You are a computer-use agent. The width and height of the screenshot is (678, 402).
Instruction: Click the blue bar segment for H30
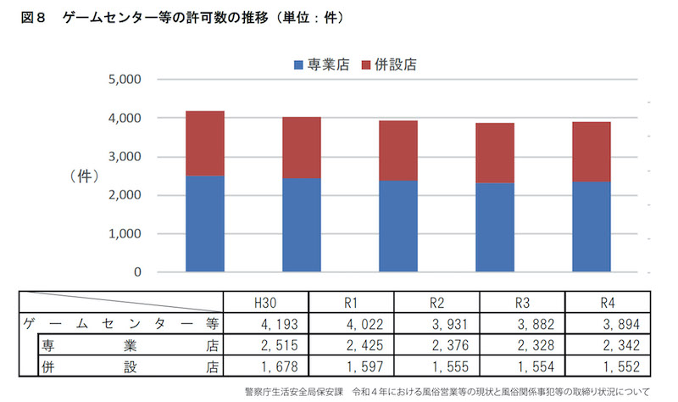(x=205, y=224)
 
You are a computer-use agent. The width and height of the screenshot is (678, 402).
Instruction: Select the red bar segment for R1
(x=302, y=148)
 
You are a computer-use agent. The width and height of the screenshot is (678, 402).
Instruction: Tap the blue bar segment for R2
(x=397, y=226)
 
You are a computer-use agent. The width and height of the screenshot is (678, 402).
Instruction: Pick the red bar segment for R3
(x=494, y=153)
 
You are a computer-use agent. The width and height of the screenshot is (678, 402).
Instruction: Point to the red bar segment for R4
(x=591, y=152)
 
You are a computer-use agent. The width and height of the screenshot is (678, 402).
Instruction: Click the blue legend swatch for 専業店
(x=297, y=65)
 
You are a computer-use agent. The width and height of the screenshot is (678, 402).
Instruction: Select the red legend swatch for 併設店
(x=366, y=65)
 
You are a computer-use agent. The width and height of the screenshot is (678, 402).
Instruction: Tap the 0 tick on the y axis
(x=136, y=273)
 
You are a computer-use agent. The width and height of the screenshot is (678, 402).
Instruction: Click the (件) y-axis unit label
(x=85, y=176)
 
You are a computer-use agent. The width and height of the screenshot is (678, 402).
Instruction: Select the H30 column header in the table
(x=264, y=303)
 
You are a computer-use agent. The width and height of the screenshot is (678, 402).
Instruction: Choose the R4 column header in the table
(x=608, y=303)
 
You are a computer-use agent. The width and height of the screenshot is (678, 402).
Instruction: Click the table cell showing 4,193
(x=264, y=324)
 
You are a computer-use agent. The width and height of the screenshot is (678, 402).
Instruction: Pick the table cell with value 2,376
(x=436, y=345)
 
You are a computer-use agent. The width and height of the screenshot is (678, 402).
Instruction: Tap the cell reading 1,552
(x=608, y=366)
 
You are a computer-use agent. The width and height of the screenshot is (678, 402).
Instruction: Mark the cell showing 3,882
(x=522, y=324)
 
